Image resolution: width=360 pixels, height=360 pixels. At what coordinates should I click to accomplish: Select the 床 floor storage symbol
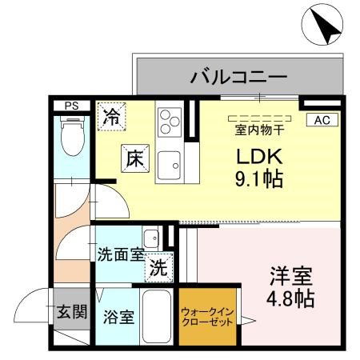(x=132, y=157)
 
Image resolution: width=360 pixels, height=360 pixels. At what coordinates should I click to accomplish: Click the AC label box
(x=322, y=120)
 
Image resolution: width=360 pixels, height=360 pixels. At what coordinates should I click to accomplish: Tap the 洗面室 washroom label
(x=120, y=255)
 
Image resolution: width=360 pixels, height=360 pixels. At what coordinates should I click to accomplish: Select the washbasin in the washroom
(x=151, y=238)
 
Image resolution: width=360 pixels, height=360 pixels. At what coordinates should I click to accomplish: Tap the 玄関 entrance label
(x=70, y=312)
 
